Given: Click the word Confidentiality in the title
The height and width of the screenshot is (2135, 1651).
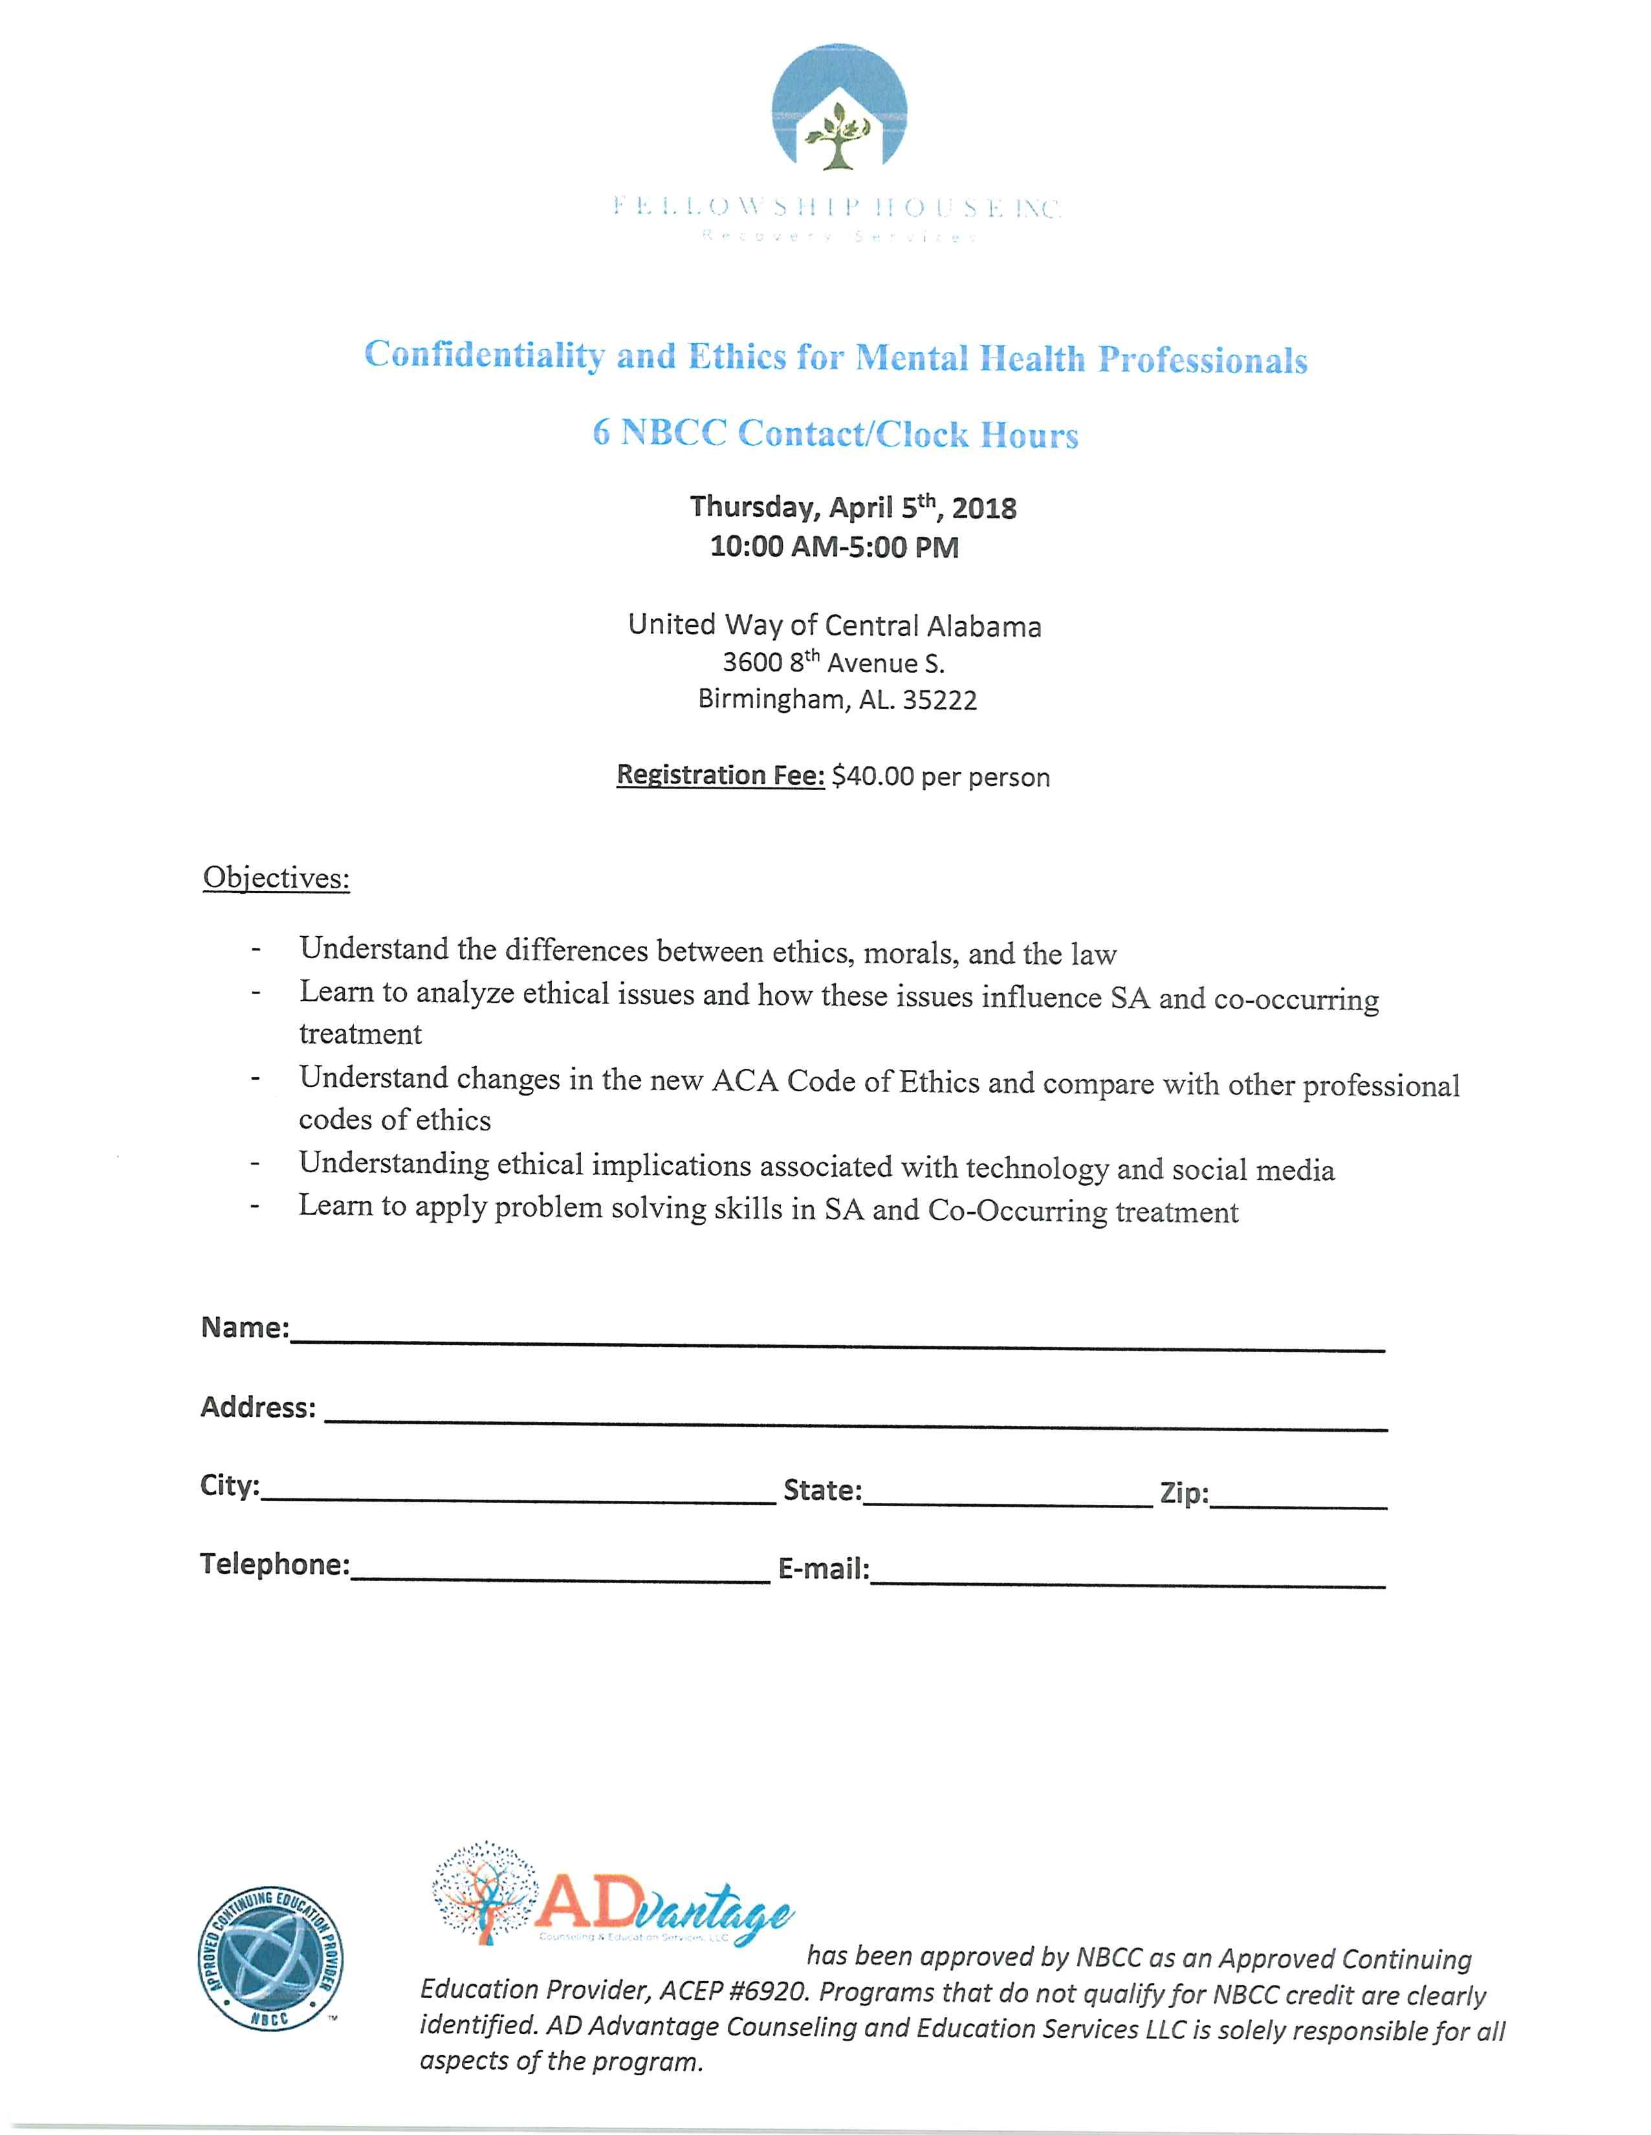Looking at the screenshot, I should click(484, 354).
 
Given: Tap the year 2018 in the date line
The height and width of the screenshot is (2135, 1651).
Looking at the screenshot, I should click(985, 509).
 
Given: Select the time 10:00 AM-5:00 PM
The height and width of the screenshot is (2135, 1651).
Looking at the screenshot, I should click(834, 547).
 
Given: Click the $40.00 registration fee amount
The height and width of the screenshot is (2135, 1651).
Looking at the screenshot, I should click(873, 777).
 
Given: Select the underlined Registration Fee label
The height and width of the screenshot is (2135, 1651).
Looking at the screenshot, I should click(721, 775).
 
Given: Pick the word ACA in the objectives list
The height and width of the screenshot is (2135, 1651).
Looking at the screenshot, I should click(745, 1081).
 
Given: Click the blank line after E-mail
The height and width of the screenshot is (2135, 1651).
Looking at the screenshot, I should click(1126, 1576).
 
